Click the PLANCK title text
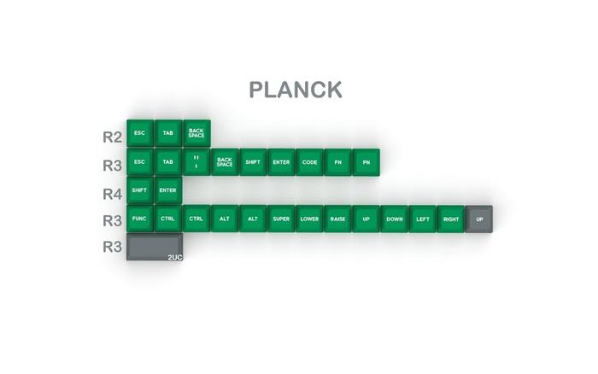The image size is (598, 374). pos(295,90)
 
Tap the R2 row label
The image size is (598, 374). pos(112,136)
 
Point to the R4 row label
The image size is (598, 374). pos(112,193)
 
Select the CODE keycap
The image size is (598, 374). pos(309,161)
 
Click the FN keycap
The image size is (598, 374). pos(337,161)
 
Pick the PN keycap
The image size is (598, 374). pos(366,161)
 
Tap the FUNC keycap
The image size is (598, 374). pos(139,218)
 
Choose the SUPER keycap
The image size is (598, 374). pos(281,218)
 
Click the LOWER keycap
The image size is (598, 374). pos(309,218)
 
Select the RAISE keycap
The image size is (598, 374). pos(337,218)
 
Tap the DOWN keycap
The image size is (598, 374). pos(394,218)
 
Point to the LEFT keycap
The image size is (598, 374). pos(422,218)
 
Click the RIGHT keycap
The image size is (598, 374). pos(451,218)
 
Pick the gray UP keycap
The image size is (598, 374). pos(479,218)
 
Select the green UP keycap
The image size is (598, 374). pos(366,218)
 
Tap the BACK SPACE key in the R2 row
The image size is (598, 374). pos(196,132)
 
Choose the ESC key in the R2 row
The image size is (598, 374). pos(139,132)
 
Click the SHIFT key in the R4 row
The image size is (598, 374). pos(139,190)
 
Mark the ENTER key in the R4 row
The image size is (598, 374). pos(167,190)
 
